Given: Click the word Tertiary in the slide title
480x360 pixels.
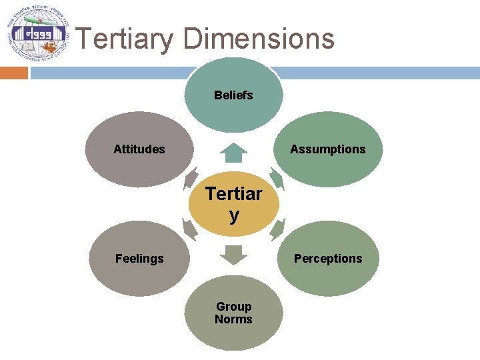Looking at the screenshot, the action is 125,39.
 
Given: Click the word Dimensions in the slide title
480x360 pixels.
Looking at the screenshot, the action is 259,39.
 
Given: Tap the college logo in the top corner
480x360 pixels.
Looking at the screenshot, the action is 37,33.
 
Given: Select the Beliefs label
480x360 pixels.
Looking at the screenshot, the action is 233,95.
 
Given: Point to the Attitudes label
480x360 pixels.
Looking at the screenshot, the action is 139,149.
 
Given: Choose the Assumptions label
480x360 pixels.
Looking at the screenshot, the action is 327,149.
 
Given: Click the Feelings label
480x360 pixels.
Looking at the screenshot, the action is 139,259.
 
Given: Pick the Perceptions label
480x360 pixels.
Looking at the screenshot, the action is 327,259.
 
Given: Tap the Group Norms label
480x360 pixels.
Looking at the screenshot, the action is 233,313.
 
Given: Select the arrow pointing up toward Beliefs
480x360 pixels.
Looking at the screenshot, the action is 233,153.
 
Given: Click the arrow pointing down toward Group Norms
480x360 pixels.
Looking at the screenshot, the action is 233,255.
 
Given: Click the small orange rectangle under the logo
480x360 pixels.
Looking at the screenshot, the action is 13,73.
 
